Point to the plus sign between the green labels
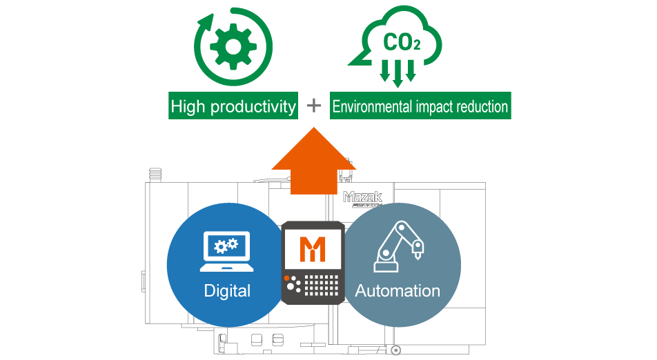[x=314, y=106]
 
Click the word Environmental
[x=372, y=107]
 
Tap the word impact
[x=437, y=107]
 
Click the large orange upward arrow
[x=314, y=162]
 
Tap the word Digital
[x=227, y=290]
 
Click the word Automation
[x=398, y=290]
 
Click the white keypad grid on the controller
[x=324, y=285]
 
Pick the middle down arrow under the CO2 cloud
[x=397, y=74]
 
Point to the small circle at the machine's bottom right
[x=395, y=350]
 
